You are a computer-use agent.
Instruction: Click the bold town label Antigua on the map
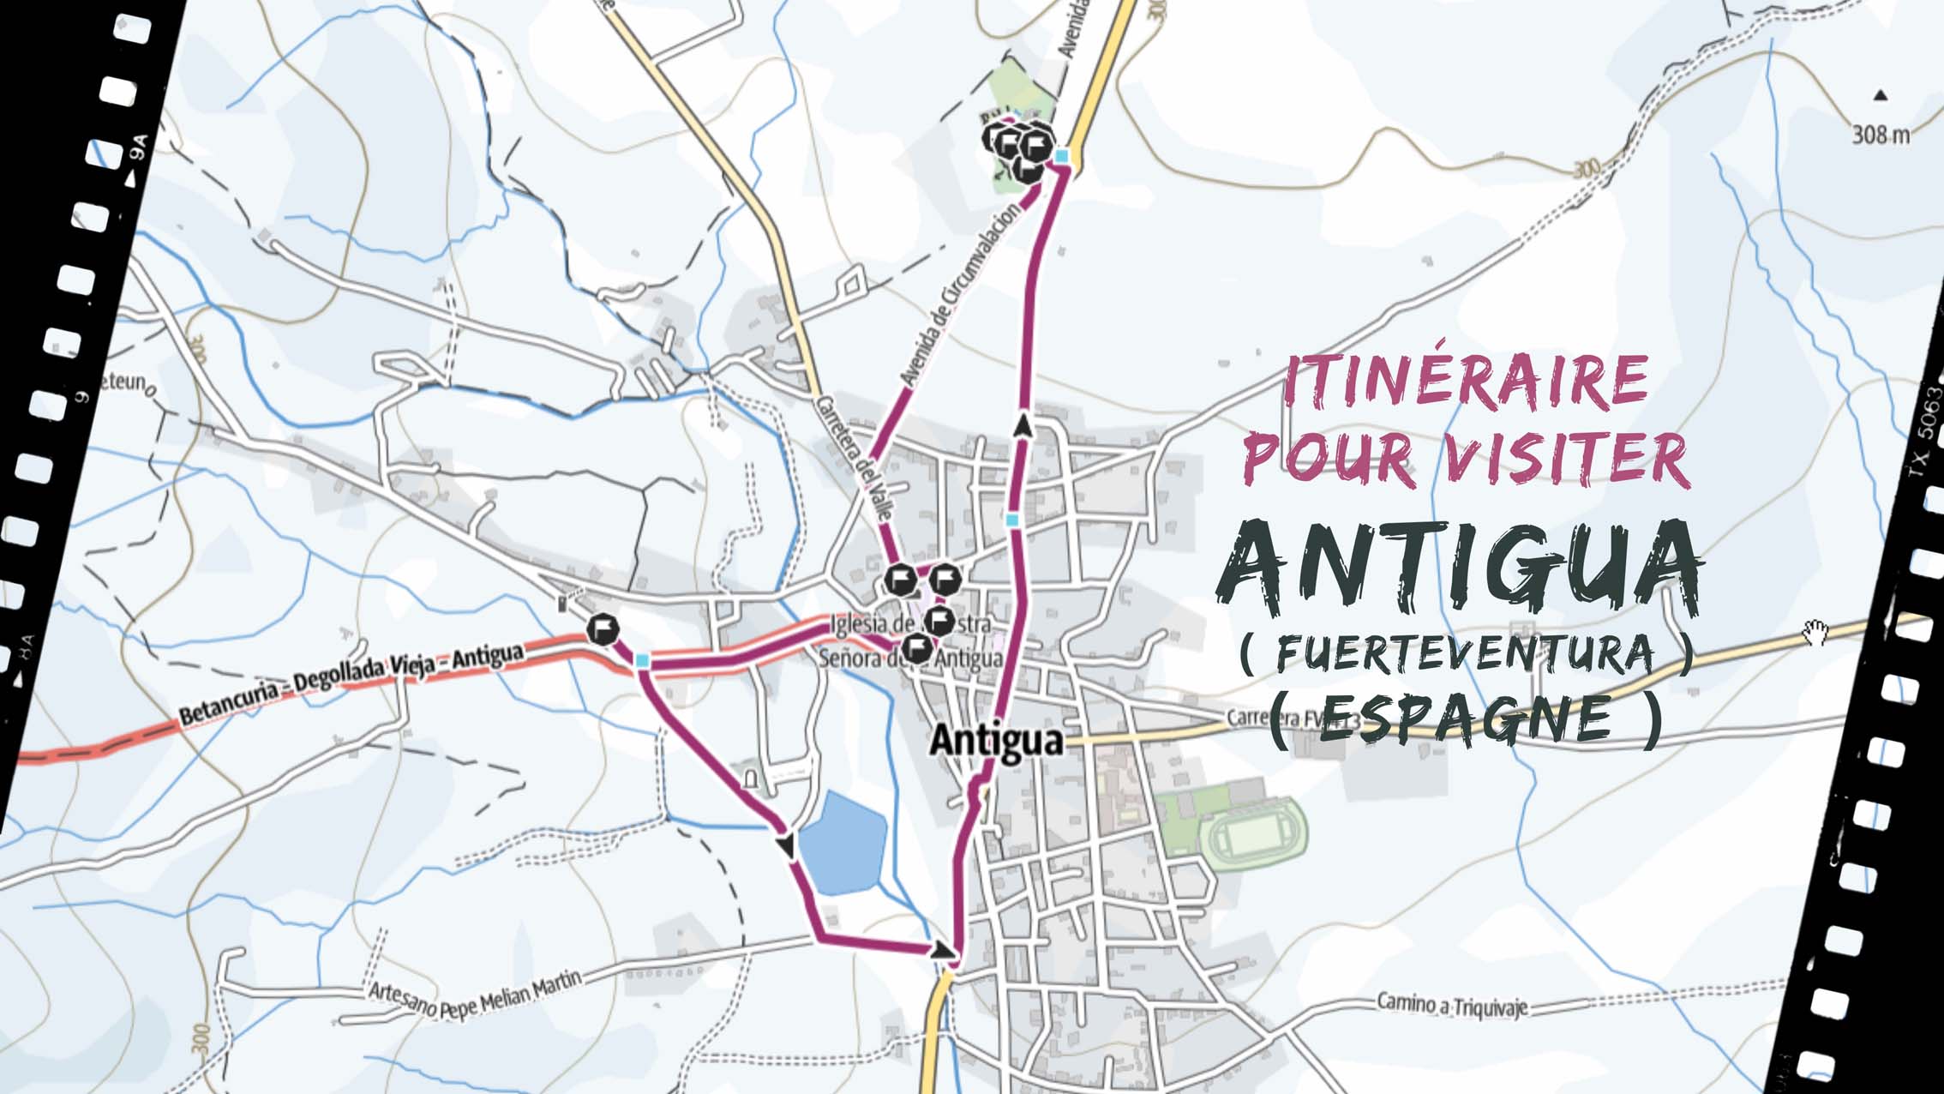[x=995, y=739]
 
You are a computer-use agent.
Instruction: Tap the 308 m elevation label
[x=1881, y=135]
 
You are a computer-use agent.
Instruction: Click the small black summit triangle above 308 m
[x=1880, y=95]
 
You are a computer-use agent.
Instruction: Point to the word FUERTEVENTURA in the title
[x=1466, y=653]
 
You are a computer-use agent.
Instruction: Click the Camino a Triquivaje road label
[x=1451, y=1004]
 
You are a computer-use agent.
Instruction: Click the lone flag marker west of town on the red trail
[x=603, y=629]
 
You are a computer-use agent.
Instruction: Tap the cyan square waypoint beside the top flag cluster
[x=1063, y=156]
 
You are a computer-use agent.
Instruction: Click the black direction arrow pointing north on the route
[x=1023, y=424]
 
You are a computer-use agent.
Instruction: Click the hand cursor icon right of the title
[x=1815, y=633]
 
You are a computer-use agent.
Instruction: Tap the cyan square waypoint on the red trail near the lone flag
[x=643, y=659]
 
